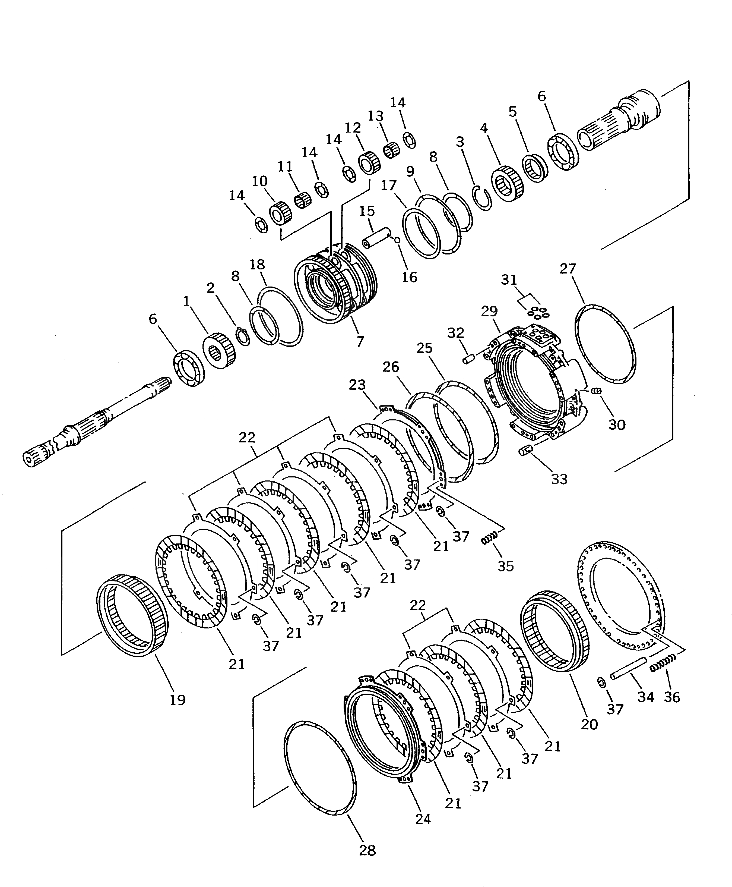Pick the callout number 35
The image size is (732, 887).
click(506, 565)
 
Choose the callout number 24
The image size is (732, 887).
click(423, 819)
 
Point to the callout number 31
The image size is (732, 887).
click(509, 279)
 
